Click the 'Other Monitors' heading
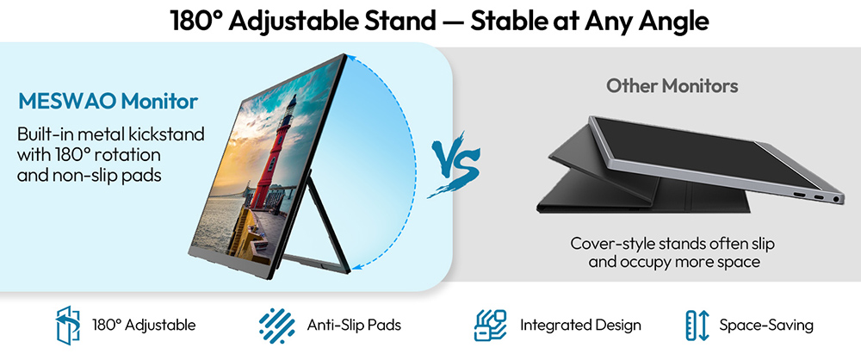point(672,85)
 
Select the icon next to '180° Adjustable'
point(69,325)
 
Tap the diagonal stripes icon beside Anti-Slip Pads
point(276,325)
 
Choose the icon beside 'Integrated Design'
point(489,325)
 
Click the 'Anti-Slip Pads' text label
point(354,326)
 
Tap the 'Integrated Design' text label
point(580,326)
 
